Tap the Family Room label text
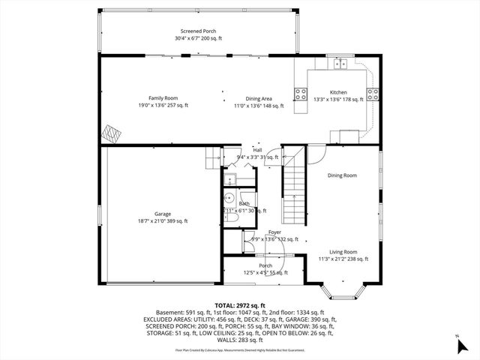click(163, 98)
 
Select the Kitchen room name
click(339, 91)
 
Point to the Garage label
click(163, 214)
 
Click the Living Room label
click(342, 252)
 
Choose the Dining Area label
click(259, 98)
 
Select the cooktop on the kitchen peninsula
click(301, 94)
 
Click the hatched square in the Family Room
click(112, 134)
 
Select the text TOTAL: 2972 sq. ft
click(240, 305)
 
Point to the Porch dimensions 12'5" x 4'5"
click(265, 273)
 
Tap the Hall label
click(257, 150)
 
